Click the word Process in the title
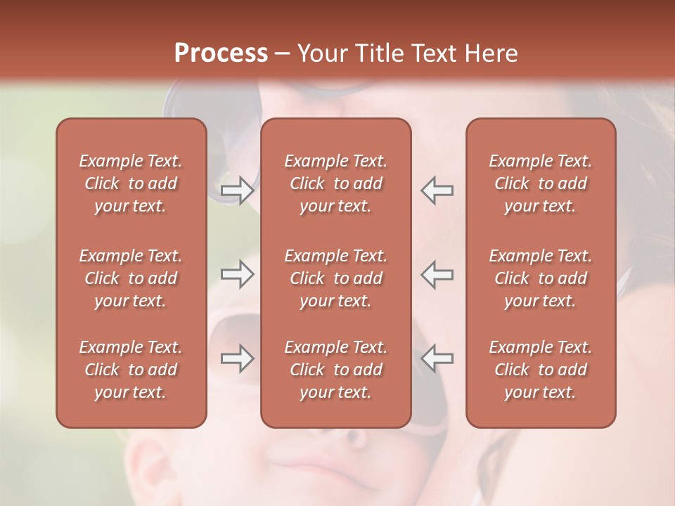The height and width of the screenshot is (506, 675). pyautogui.click(x=221, y=53)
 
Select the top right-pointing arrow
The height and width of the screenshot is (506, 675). pyautogui.click(x=237, y=190)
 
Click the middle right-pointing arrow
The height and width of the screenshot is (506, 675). pyautogui.click(x=237, y=275)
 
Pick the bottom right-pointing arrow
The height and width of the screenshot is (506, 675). pyautogui.click(x=237, y=358)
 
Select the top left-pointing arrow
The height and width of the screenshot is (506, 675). pyautogui.click(x=437, y=190)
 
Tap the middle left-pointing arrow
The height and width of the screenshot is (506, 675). pyautogui.click(x=437, y=275)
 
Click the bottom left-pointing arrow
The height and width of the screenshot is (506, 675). pyautogui.click(x=437, y=358)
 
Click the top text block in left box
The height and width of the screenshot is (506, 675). pyautogui.click(x=131, y=183)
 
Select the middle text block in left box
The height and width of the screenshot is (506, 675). pyautogui.click(x=131, y=278)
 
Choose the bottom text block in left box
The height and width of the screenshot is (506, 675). pyautogui.click(x=131, y=370)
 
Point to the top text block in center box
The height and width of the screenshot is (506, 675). pyautogui.click(x=335, y=183)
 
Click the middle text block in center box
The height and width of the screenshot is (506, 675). pyautogui.click(x=335, y=278)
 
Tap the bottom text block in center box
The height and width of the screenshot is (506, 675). pyautogui.click(x=335, y=370)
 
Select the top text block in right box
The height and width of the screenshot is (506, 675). pyautogui.click(x=541, y=183)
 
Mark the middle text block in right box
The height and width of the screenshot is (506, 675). pyautogui.click(x=541, y=278)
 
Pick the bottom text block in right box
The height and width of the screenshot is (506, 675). pyautogui.click(x=541, y=370)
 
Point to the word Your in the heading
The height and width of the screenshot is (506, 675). pyautogui.click(x=321, y=53)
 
